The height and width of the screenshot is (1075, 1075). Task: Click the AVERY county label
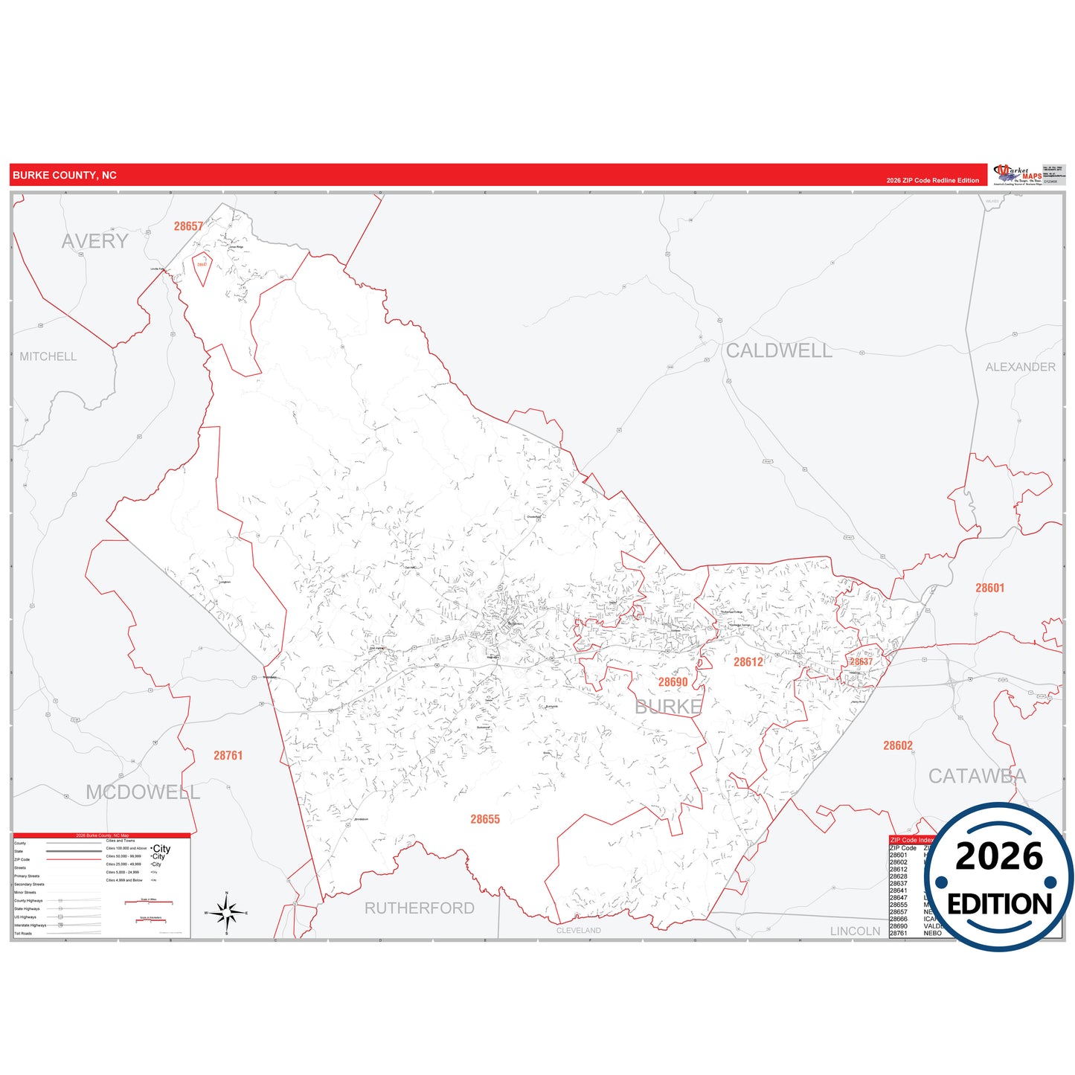coord(94,241)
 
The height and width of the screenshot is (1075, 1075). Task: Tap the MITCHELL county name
coord(48,356)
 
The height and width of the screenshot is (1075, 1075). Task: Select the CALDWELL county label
coord(779,350)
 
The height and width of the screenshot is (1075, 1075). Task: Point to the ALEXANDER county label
coord(1020,367)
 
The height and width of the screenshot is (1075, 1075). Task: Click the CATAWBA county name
coord(976,776)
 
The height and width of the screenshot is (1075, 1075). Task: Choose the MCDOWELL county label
coord(143,792)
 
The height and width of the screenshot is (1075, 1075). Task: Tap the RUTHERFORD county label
coord(419,908)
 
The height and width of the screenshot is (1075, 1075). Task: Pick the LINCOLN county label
coord(855,931)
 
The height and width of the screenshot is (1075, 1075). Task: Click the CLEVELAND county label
coord(578,931)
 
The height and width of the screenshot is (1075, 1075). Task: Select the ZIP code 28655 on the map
coord(485,819)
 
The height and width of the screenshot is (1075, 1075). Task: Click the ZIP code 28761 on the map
coord(228,755)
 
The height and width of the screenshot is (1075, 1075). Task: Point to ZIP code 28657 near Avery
coord(188,226)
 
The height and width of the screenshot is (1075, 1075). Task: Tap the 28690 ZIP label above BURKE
coord(673,682)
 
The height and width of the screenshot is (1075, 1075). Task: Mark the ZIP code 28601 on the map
coord(989,588)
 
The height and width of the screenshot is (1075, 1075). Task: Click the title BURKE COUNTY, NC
coord(65,176)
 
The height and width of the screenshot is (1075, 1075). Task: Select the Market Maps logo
coord(1017,175)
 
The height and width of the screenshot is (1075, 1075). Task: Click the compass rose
coord(227,912)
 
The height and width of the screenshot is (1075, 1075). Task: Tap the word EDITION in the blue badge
coord(999,904)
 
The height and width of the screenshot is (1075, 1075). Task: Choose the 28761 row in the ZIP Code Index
coord(899,933)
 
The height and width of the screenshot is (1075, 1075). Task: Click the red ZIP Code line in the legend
coord(73,859)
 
